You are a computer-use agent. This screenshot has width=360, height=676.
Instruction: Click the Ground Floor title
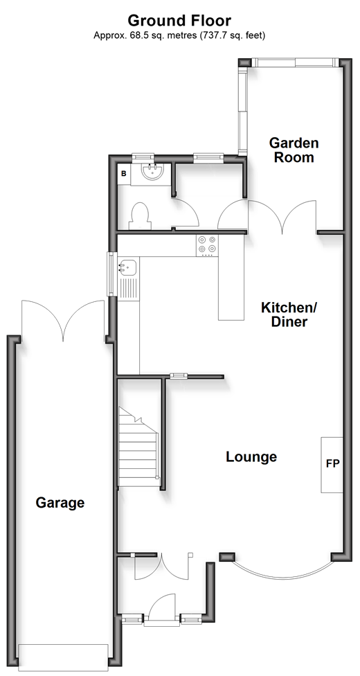point(179,20)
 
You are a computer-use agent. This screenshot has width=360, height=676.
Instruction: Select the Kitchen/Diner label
point(289,314)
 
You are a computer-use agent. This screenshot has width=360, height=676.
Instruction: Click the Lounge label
point(251,456)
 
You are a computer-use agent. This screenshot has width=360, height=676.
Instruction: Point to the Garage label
point(60,503)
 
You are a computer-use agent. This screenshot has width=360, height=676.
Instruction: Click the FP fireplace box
point(332,465)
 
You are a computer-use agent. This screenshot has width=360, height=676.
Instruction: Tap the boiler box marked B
point(124,174)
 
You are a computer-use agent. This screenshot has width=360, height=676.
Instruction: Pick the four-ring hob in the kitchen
point(207,245)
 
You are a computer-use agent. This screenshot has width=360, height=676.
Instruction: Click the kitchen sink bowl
point(127,268)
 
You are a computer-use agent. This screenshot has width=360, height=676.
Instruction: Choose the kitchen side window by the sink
point(111,274)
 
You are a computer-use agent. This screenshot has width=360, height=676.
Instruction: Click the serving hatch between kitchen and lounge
point(178,375)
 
